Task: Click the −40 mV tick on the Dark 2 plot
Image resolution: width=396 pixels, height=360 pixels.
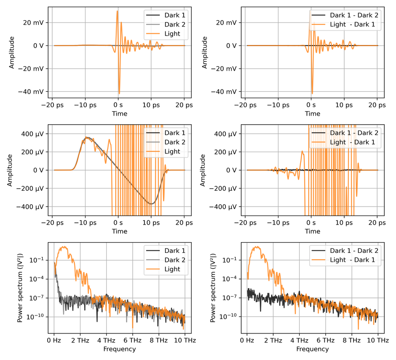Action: [33, 91]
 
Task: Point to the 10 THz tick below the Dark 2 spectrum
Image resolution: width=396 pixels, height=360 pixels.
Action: [184, 341]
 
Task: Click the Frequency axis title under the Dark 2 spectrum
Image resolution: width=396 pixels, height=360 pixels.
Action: [119, 349]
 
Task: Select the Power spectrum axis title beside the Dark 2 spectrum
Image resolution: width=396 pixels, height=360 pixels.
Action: [20, 283]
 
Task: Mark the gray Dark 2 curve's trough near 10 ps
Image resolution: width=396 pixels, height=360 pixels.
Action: [152, 203]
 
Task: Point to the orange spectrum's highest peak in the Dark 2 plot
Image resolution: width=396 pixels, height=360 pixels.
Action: [64, 247]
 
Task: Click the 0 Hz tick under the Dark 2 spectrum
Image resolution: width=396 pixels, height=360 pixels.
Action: [54, 341]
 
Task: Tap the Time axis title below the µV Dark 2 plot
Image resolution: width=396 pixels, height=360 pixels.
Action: [119, 231]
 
